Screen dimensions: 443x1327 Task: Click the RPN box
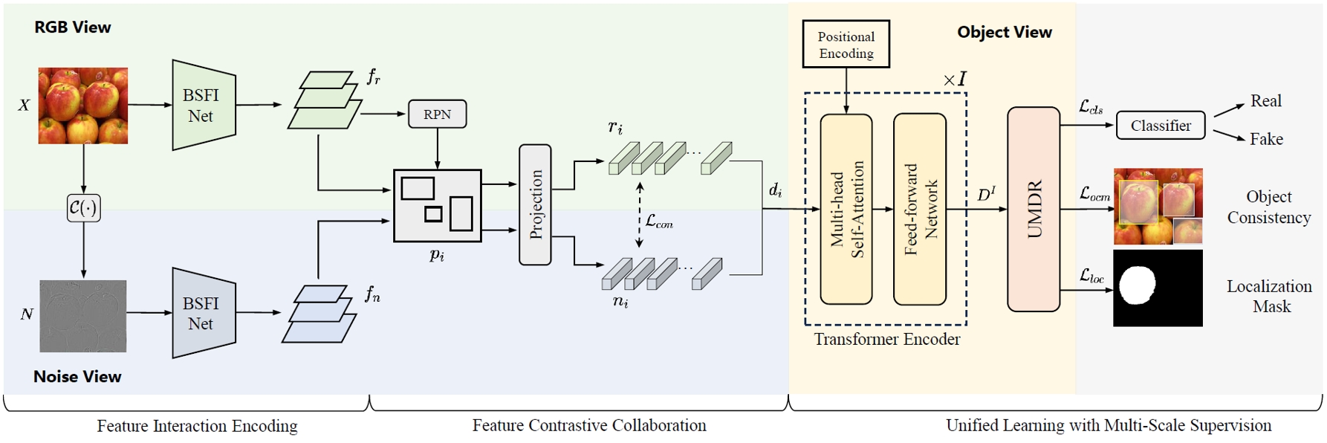[437, 114]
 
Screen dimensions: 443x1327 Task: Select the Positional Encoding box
[846, 45]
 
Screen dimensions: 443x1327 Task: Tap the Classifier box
[1160, 126]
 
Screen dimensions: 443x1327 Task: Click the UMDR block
[1033, 209]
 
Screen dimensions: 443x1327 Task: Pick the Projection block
[535, 204]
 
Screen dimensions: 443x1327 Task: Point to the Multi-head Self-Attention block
[846, 209]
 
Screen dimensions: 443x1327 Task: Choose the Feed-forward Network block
[920, 209]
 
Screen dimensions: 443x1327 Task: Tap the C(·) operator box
[83, 207]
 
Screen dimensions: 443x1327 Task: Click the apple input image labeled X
[83, 106]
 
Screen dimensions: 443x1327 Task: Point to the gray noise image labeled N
[83, 316]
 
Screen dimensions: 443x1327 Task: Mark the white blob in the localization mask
[1137, 285]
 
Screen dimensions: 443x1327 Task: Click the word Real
[1265, 101]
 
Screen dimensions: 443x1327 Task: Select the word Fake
[1266, 139]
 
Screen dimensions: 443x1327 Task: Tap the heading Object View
[1004, 32]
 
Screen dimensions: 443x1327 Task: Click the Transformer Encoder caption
[886, 340]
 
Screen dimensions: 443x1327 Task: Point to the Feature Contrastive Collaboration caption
[589, 425]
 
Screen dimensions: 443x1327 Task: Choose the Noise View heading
[77, 377]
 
